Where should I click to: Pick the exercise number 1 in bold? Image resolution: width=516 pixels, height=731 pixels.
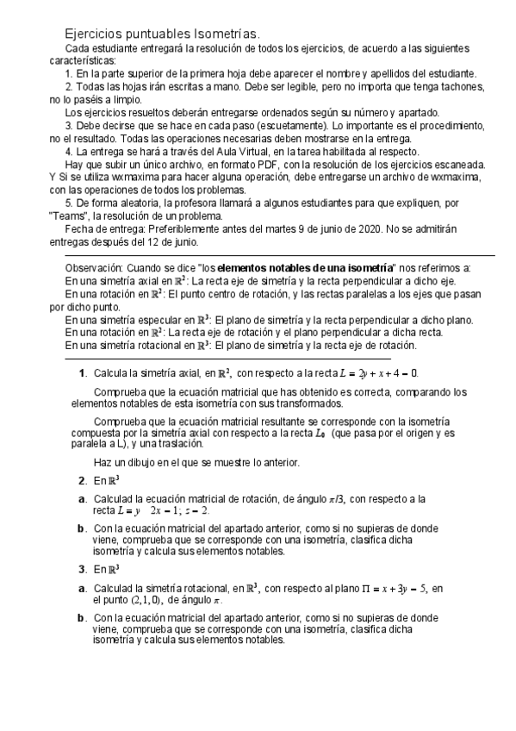(82, 373)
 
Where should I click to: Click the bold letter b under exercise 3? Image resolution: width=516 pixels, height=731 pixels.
(82, 618)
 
